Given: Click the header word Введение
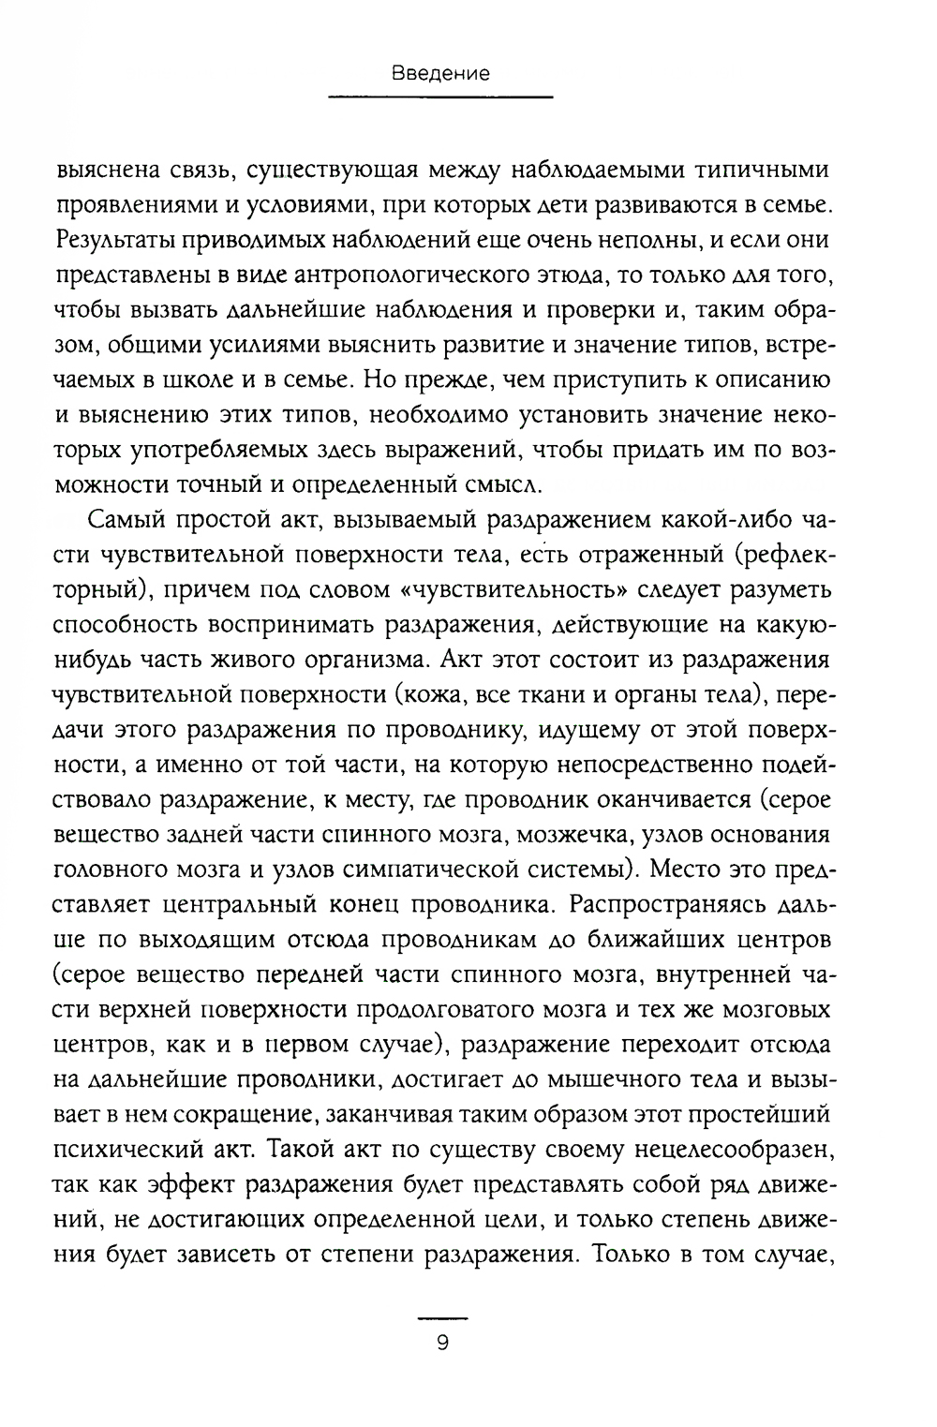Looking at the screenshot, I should (440, 74).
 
